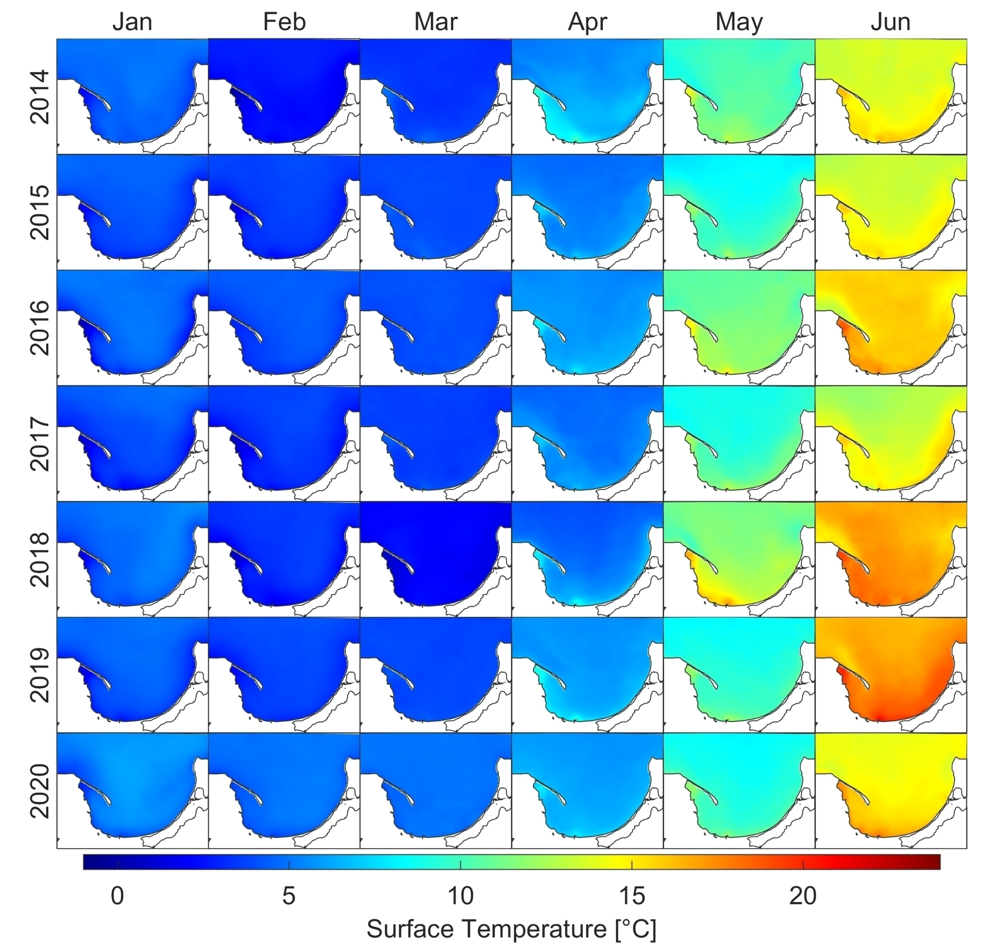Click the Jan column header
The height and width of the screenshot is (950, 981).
tap(132, 22)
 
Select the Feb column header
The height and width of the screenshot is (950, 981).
tap(284, 22)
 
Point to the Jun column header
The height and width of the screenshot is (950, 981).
tap(890, 22)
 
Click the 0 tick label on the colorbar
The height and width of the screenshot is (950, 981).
tap(117, 896)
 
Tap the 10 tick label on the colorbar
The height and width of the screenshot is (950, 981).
tap(460, 896)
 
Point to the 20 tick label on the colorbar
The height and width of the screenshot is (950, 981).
tap(803, 896)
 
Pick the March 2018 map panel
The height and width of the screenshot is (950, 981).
tap(436, 559)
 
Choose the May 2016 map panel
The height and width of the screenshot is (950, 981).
tap(739, 328)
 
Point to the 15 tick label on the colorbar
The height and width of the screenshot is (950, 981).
tap(632, 896)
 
